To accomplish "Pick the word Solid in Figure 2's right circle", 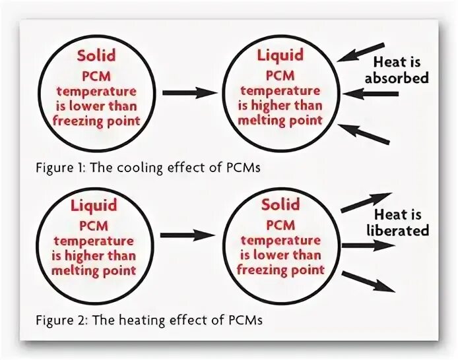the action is pos(280,204).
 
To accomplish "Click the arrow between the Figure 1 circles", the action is pos(189,93).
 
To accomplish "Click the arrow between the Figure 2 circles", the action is pos(188,234).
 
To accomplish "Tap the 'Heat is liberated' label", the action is pos(401,222).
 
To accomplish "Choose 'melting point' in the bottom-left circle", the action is pos(97,270).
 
